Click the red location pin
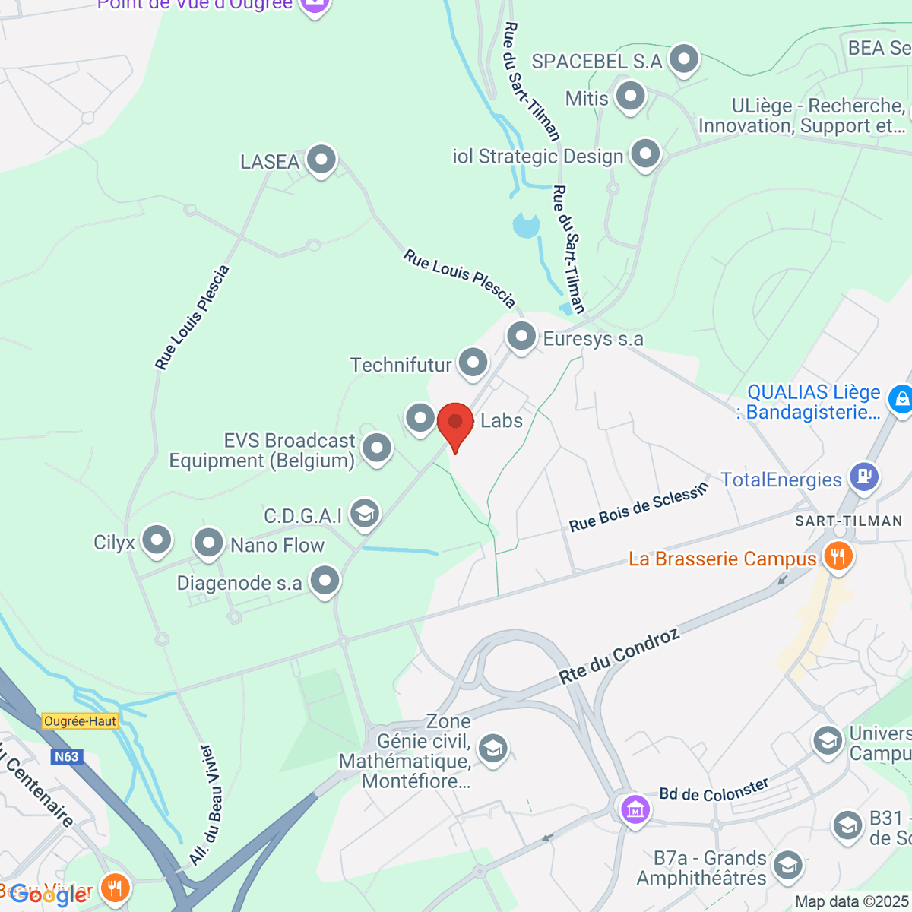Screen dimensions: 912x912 click(x=455, y=423)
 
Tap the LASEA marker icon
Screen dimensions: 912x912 click(x=321, y=160)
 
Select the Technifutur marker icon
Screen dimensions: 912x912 click(x=473, y=363)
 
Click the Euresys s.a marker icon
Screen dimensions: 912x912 click(x=521, y=336)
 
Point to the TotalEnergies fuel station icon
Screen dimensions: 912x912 click(x=864, y=477)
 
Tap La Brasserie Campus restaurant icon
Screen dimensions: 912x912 click(x=838, y=556)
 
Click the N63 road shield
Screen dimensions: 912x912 click(x=66, y=756)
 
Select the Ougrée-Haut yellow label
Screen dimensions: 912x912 click(x=80, y=721)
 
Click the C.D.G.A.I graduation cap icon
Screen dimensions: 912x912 click(x=365, y=514)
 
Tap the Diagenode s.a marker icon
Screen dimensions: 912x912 click(x=325, y=581)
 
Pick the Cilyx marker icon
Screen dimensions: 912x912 click(x=157, y=540)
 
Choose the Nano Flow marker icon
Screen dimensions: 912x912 click(x=208, y=543)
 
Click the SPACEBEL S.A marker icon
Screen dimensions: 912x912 click(x=684, y=59)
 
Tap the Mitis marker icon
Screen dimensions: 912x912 click(x=630, y=97)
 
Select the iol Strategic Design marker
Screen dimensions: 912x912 click(x=645, y=154)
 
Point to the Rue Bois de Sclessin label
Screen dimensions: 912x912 click(x=639, y=507)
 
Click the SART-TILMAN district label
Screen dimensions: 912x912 click(x=848, y=521)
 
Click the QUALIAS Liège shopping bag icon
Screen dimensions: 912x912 click(x=900, y=399)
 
